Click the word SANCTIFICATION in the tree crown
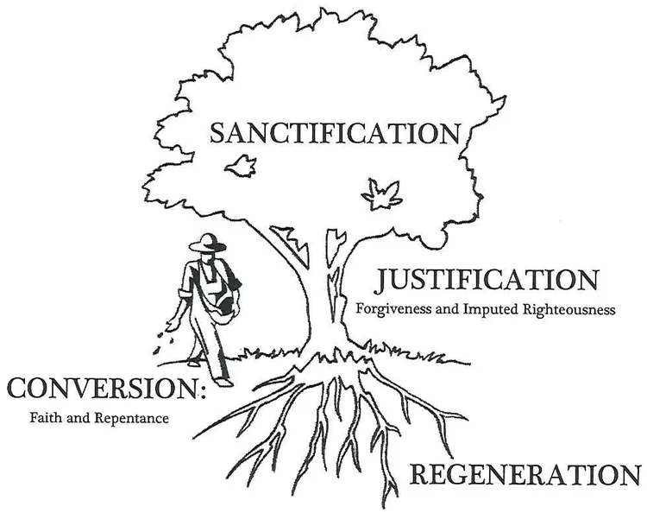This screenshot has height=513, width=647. pos(335,134)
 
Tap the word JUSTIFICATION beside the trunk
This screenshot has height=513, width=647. pos(487,281)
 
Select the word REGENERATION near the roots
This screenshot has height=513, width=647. pos(525,474)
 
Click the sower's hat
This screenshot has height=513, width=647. pos(206,244)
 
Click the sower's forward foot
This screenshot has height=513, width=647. pos(223,381)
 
